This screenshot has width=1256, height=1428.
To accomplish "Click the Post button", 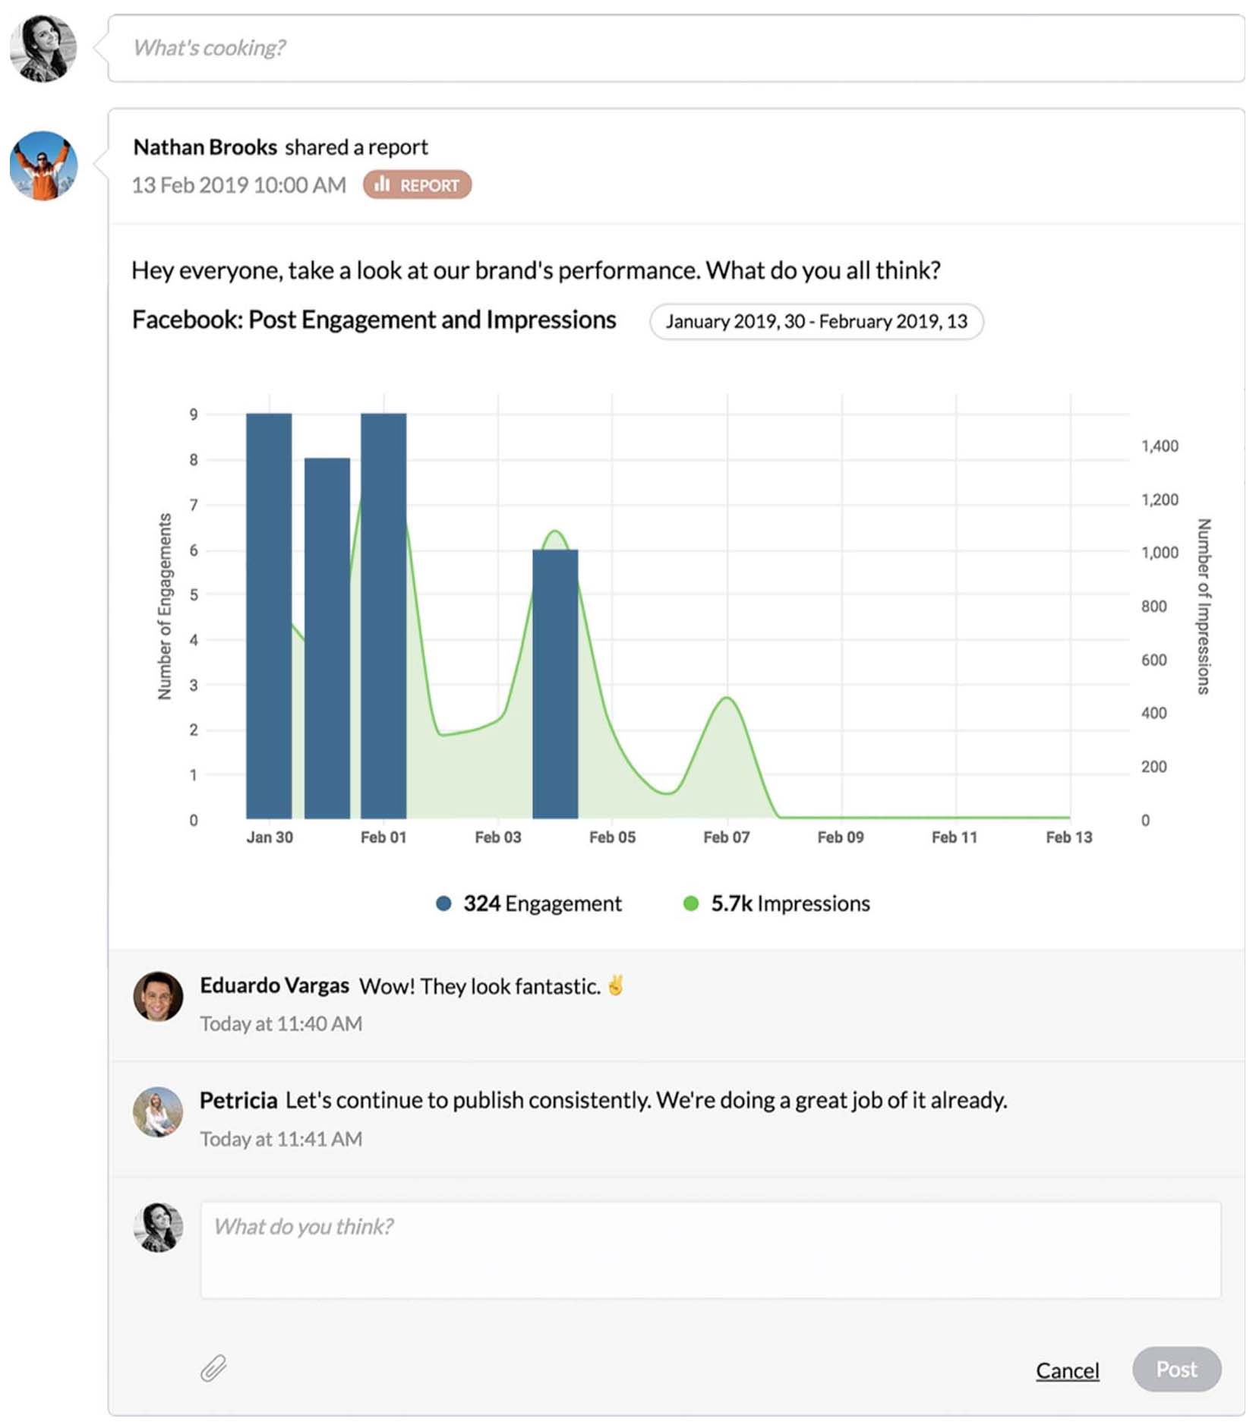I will coord(1176,1369).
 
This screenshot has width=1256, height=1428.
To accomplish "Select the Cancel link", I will coord(1067,1370).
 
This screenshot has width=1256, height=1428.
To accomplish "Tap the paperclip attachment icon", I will coord(213,1368).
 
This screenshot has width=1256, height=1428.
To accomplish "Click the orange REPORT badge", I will coord(417,184).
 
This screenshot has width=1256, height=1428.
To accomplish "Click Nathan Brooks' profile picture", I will coord(43,165).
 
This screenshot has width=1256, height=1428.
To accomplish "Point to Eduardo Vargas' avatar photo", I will coord(158,996).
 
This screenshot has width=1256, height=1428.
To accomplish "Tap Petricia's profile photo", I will coord(158,1111).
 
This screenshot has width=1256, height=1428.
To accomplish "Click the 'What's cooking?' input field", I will coord(676,48).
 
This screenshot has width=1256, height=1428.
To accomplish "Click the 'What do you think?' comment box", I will coord(710,1249).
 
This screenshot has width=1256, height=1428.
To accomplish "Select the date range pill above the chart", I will coord(816,322).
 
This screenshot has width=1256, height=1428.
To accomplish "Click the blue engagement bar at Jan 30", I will coord(269,615).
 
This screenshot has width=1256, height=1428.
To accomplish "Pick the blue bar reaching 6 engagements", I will coord(555,683).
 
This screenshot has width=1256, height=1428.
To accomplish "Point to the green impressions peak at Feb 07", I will coord(727,698).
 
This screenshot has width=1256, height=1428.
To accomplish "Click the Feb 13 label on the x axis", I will coord(1068,837).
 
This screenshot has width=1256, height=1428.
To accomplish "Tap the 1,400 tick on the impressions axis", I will coord(1160,446).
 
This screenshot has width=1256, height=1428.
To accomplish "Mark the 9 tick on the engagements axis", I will coord(194,415).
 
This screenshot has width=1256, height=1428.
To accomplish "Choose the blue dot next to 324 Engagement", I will coord(443,903).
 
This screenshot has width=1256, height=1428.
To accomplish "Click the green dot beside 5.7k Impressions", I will coord(691,903).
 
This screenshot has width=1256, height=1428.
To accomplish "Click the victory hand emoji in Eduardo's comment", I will coord(616,985).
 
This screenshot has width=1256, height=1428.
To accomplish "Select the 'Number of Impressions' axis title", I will coord(1204,606).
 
